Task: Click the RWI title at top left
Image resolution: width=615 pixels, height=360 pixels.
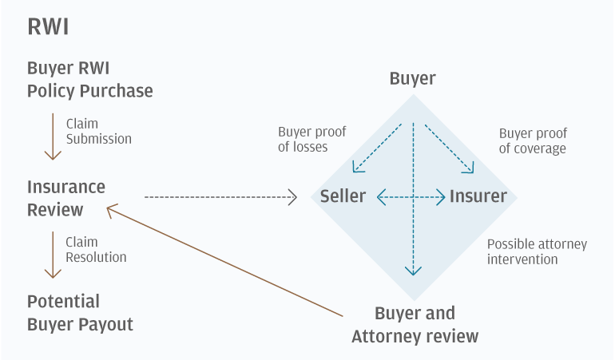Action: (x=48, y=27)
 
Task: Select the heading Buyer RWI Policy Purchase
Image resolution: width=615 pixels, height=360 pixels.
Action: (x=89, y=79)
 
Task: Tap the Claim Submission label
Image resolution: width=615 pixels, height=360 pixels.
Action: (x=99, y=132)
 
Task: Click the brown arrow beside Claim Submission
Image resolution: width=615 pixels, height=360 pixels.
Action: (x=53, y=136)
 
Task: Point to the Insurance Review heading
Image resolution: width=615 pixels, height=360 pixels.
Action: (x=66, y=198)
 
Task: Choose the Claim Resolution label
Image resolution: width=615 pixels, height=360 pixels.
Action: (x=96, y=250)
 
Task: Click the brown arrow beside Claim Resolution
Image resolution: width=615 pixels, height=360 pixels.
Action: (x=53, y=255)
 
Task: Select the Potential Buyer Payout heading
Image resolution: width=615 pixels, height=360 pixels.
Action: (x=80, y=313)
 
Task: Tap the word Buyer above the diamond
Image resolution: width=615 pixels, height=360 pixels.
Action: (x=412, y=78)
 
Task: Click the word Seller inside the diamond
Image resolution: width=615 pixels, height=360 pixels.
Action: (x=343, y=196)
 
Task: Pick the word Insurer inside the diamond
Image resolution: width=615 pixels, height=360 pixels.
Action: (x=478, y=196)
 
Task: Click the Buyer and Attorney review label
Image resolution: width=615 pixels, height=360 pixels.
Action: (x=415, y=324)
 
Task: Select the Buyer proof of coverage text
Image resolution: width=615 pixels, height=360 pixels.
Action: (x=533, y=140)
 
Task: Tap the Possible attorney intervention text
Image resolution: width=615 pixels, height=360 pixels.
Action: (x=537, y=251)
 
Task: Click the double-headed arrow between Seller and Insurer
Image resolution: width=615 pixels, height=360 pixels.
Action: (x=411, y=196)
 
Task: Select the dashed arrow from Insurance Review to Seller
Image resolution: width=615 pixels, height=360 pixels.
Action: (x=220, y=196)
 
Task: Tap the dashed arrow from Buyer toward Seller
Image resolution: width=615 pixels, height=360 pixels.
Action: (x=377, y=148)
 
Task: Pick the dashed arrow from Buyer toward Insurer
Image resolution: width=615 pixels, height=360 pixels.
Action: (x=449, y=148)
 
